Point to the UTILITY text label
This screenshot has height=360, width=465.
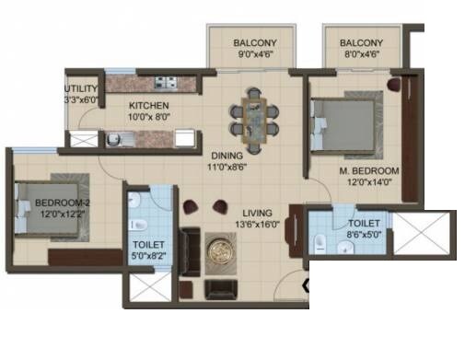pos(80,90)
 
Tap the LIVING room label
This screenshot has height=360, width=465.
pos(250,211)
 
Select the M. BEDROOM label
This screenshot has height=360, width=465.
pos(368,171)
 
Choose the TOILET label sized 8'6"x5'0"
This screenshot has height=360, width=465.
pos(364,223)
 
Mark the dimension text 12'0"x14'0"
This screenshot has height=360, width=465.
pos(368,183)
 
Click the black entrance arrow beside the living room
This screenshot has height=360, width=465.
pos(306,298)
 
